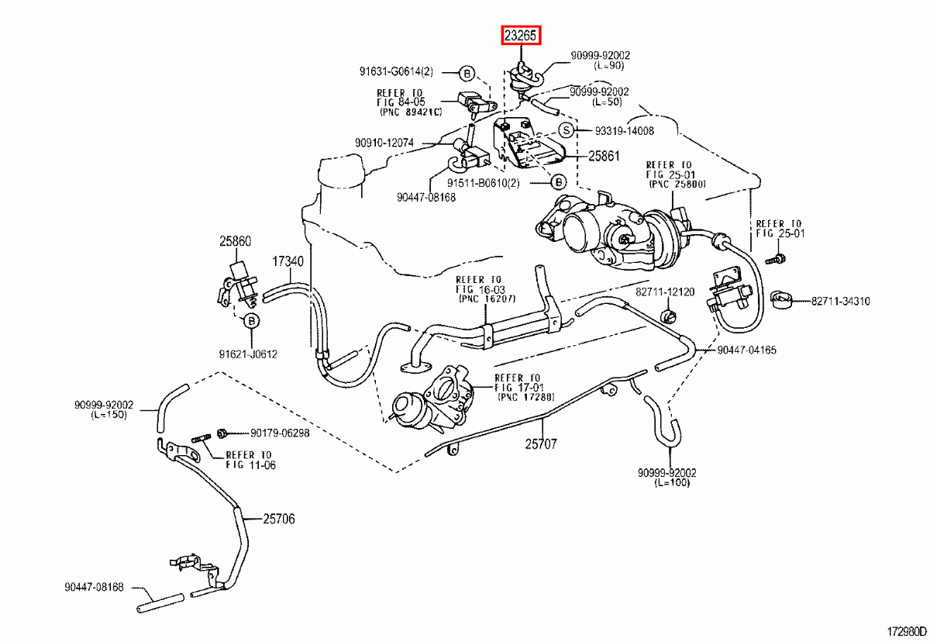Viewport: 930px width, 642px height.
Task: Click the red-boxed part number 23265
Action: [x=521, y=35]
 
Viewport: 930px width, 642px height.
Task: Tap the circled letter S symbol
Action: [x=566, y=130]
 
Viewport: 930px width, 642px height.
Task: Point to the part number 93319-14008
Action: [x=624, y=131]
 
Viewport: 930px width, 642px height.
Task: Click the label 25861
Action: [x=604, y=156]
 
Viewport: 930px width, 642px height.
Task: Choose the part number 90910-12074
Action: [x=385, y=143]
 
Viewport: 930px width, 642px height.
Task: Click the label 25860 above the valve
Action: [x=234, y=241]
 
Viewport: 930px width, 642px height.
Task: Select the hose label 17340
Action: [x=287, y=261]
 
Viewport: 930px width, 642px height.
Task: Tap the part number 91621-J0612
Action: [x=247, y=354]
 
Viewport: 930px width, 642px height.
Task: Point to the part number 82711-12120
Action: [x=665, y=292]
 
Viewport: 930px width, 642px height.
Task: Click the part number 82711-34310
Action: [x=840, y=301]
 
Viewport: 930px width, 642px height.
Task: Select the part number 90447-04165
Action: [x=746, y=350]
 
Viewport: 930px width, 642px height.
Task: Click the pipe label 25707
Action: [x=540, y=444]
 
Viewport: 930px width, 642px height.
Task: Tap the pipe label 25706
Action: [x=278, y=519]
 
